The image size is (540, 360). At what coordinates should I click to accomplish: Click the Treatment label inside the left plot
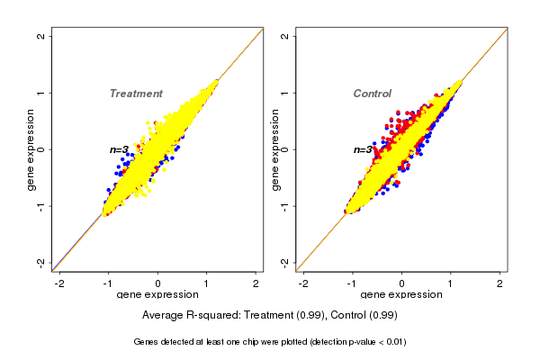[136, 94]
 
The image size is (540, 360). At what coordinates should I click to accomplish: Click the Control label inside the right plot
[372, 94]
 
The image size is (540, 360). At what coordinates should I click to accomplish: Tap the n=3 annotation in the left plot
[120, 149]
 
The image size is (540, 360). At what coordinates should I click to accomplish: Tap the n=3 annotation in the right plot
[362, 149]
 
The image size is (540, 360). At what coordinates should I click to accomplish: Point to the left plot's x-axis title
[157, 295]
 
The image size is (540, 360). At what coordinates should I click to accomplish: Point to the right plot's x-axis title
[401, 295]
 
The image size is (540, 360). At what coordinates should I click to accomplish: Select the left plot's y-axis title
[32, 149]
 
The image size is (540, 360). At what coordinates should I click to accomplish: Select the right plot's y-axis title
[275, 149]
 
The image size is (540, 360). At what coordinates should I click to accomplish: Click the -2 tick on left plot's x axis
[60, 283]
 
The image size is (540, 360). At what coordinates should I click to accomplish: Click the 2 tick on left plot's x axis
[256, 283]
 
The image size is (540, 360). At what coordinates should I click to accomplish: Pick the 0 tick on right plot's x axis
[401, 283]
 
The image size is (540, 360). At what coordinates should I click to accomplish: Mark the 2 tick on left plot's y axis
[42, 37]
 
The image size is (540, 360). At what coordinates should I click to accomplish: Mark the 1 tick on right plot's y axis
[285, 93]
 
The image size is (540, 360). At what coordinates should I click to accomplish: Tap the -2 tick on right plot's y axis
[285, 262]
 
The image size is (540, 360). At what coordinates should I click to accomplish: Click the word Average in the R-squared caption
[165, 315]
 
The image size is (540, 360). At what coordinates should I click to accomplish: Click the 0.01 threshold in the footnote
[394, 342]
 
